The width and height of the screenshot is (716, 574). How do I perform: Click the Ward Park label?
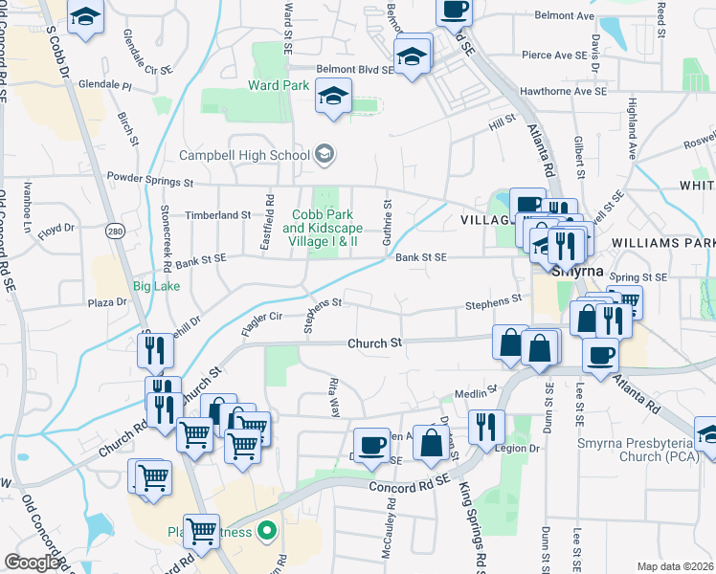click(279, 85)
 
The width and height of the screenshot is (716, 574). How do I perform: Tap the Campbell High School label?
click(245, 155)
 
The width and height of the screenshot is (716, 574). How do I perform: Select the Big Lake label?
click(155, 285)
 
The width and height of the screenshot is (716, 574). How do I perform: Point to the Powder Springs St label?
click(150, 179)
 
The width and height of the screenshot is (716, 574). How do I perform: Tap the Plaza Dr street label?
click(107, 302)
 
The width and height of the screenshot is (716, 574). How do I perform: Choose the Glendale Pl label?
click(105, 85)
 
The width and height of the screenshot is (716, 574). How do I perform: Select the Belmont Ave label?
click(565, 16)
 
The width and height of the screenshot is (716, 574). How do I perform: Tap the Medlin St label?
click(471, 392)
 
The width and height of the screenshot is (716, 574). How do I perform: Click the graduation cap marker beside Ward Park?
click(333, 97)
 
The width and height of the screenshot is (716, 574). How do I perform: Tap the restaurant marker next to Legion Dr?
click(488, 427)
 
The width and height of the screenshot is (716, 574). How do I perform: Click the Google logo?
click(33, 563)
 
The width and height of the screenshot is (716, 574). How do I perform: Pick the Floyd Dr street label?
click(56, 228)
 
